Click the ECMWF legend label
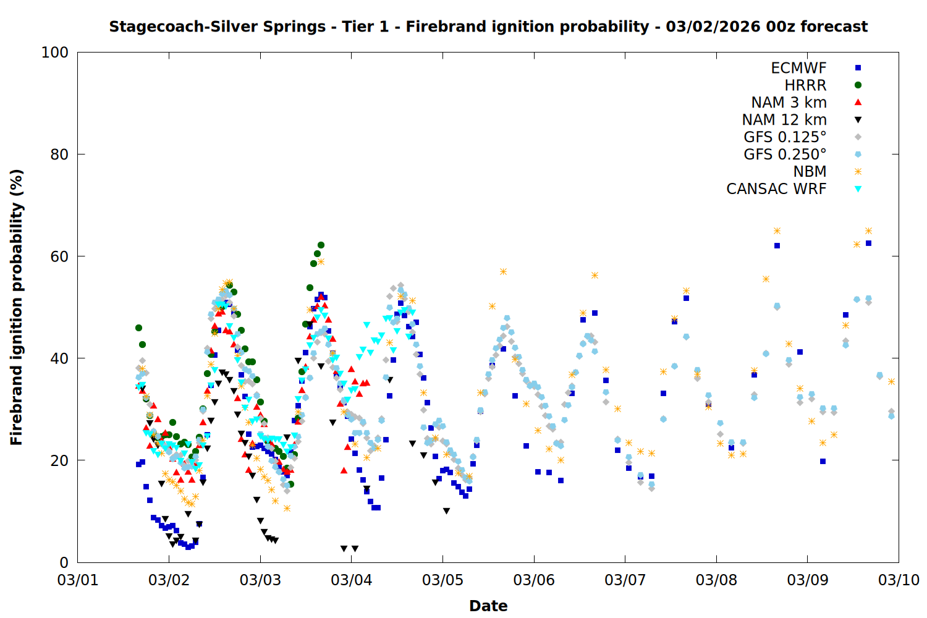(x=798, y=68)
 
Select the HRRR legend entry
(x=805, y=85)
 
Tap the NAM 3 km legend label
(x=789, y=103)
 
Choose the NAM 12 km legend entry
(x=784, y=120)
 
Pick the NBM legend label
(x=810, y=172)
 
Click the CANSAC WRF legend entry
(x=776, y=189)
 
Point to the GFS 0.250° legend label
(x=785, y=154)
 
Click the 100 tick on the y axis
(x=55, y=53)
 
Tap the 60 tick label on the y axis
(x=59, y=256)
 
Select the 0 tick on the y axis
(x=64, y=562)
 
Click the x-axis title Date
(x=488, y=606)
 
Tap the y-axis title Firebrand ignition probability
(x=17, y=307)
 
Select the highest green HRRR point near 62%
(x=321, y=245)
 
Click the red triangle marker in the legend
(x=858, y=103)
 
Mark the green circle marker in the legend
(x=858, y=85)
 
